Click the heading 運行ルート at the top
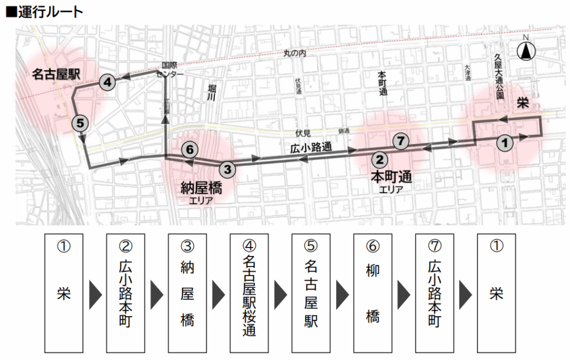pos(44,11)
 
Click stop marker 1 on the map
pos(504,142)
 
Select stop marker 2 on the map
pos(379,160)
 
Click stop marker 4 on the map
pos(107,82)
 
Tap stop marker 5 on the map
pos(80,123)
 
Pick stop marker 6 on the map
pos(189,149)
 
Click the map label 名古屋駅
pos(53,74)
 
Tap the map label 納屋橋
pos(201,188)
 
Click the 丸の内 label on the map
pos(294,53)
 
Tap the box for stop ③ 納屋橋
pos(187,292)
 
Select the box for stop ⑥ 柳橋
pos(372,292)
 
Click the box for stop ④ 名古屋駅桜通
pos(249,292)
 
